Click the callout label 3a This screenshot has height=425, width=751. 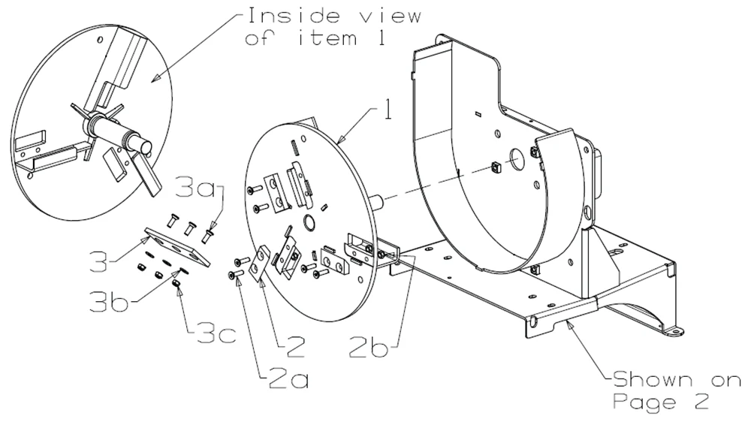tap(196, 187)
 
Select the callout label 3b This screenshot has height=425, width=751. tap(109, 300)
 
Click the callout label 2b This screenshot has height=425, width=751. tap(368, 346)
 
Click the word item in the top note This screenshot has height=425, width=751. tap(327, 38)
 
